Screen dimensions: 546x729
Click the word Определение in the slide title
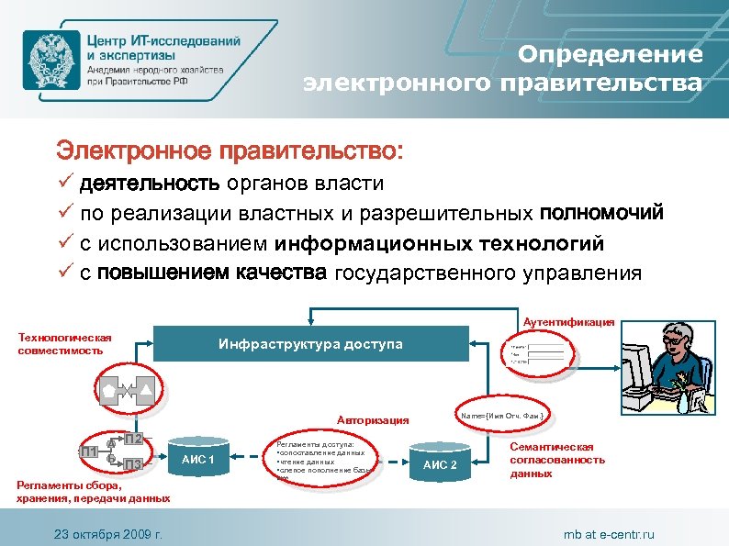click(611, 54)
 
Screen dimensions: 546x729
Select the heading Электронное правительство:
click(230, 149)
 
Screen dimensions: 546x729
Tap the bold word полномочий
click(601, 214)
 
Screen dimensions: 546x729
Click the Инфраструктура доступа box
click(310, 344)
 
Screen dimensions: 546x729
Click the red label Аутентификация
click(569, 322)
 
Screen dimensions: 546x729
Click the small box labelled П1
click(90, 451)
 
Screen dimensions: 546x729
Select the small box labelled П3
click(134, 464)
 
